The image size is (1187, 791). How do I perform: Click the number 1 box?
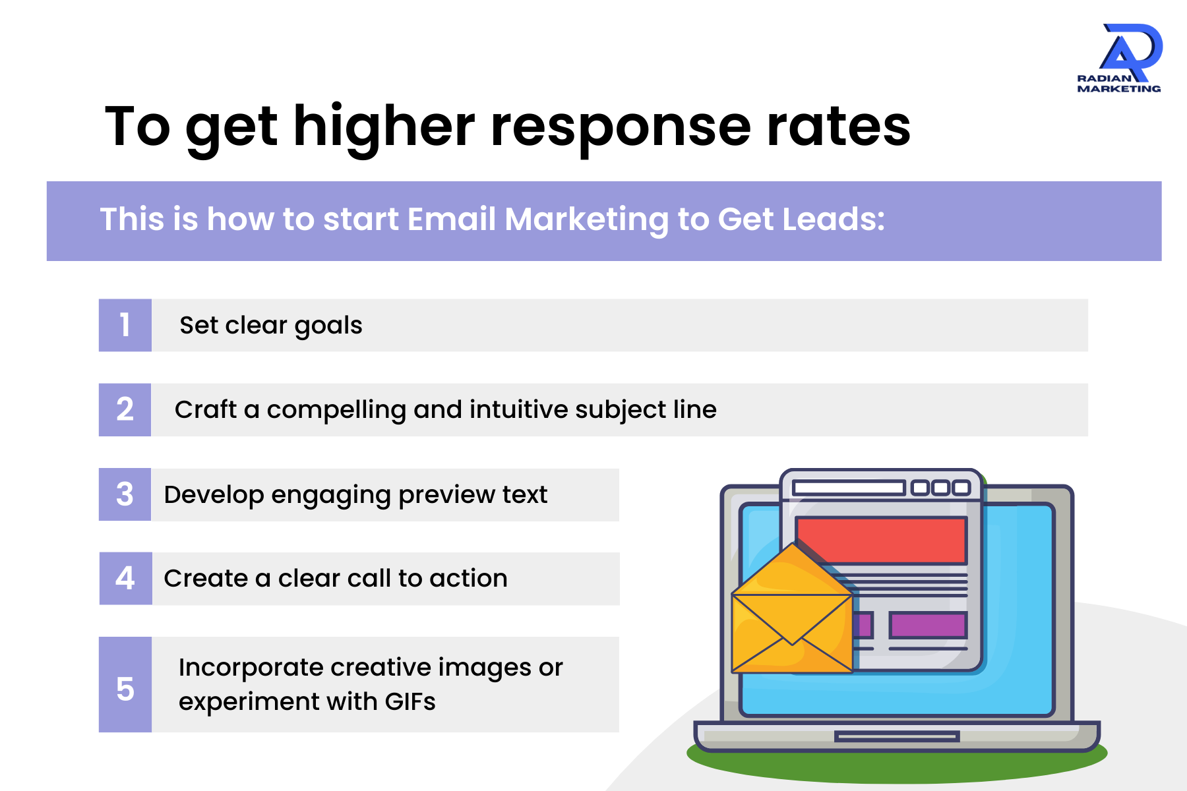(x=125, y=325)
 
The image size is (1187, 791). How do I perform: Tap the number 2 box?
(x=125, y=409)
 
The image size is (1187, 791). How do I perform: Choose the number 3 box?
(x=125, y=494)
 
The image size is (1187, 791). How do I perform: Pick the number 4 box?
(x=125, y=578)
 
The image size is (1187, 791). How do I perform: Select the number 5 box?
(x=125, y=684)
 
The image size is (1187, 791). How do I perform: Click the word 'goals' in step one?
(x=328, y=326)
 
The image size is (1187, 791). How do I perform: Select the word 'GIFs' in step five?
(x=410, y=702)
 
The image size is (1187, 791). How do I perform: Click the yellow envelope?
(x=791, y=616)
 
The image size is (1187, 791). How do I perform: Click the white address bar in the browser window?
(x=849, y=488)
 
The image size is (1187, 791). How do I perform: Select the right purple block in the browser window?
(x=928, y=624)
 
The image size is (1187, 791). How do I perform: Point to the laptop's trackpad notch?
(x=896, y=736)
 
